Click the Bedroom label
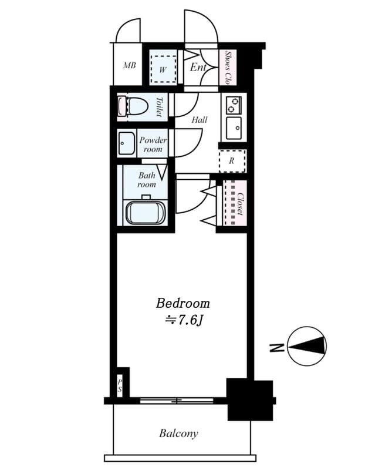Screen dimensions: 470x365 [x=182, y=303]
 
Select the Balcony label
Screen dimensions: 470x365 [x=178, y=434]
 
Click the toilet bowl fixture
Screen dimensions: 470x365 [x=136, y=107]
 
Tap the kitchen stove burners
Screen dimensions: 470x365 [x=234, y=105]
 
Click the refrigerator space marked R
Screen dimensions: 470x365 [x=231, y=160]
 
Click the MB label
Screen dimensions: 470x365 [x=129, y=65]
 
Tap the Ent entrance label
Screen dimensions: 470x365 [x=198, y=67]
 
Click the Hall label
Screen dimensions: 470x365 [x=200, y=119]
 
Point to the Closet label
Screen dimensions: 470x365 [x=239, y=203]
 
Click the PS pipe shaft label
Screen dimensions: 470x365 [x=120, y=385]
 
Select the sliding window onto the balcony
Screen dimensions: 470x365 [x=177, y=401]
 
